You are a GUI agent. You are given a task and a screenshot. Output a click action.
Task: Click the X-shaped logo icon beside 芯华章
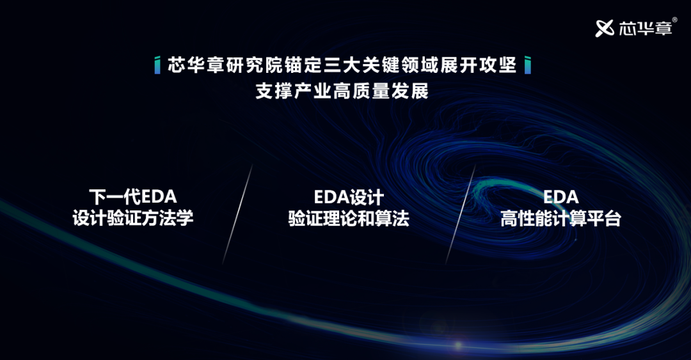(605, 28)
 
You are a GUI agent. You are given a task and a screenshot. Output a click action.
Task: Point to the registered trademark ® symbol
(675, 20)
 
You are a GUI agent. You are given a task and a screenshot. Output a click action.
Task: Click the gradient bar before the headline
(157, 66)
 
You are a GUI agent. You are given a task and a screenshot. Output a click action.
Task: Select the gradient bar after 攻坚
(527, 66)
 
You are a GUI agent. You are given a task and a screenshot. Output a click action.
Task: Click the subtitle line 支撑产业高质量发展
(342, 91)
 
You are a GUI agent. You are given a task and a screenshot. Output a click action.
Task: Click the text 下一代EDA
(132, 196)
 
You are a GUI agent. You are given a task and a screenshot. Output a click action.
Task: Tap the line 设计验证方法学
(132, 218)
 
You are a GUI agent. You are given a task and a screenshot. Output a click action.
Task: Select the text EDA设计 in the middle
(349, 197)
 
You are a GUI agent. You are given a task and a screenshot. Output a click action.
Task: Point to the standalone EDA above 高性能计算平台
(560, 197)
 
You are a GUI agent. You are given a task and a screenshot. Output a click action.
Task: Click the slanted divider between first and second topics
(237, 214)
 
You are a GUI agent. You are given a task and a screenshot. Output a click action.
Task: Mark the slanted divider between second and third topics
(460, 215)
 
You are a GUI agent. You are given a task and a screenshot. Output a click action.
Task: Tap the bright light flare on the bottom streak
(458, 345)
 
